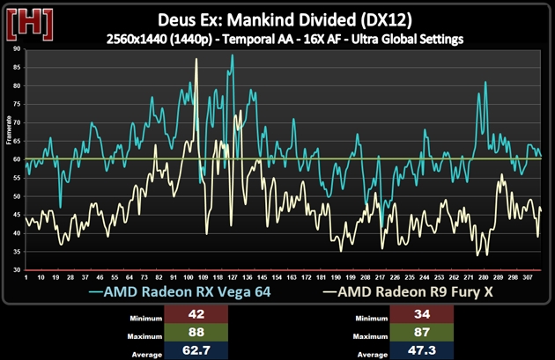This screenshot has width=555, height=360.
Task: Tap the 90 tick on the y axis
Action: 17,49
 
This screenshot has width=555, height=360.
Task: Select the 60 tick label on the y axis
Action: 17,159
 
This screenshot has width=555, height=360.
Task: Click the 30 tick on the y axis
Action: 17,269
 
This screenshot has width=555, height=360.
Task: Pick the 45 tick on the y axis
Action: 17,215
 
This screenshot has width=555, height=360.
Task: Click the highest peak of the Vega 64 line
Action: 233,55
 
